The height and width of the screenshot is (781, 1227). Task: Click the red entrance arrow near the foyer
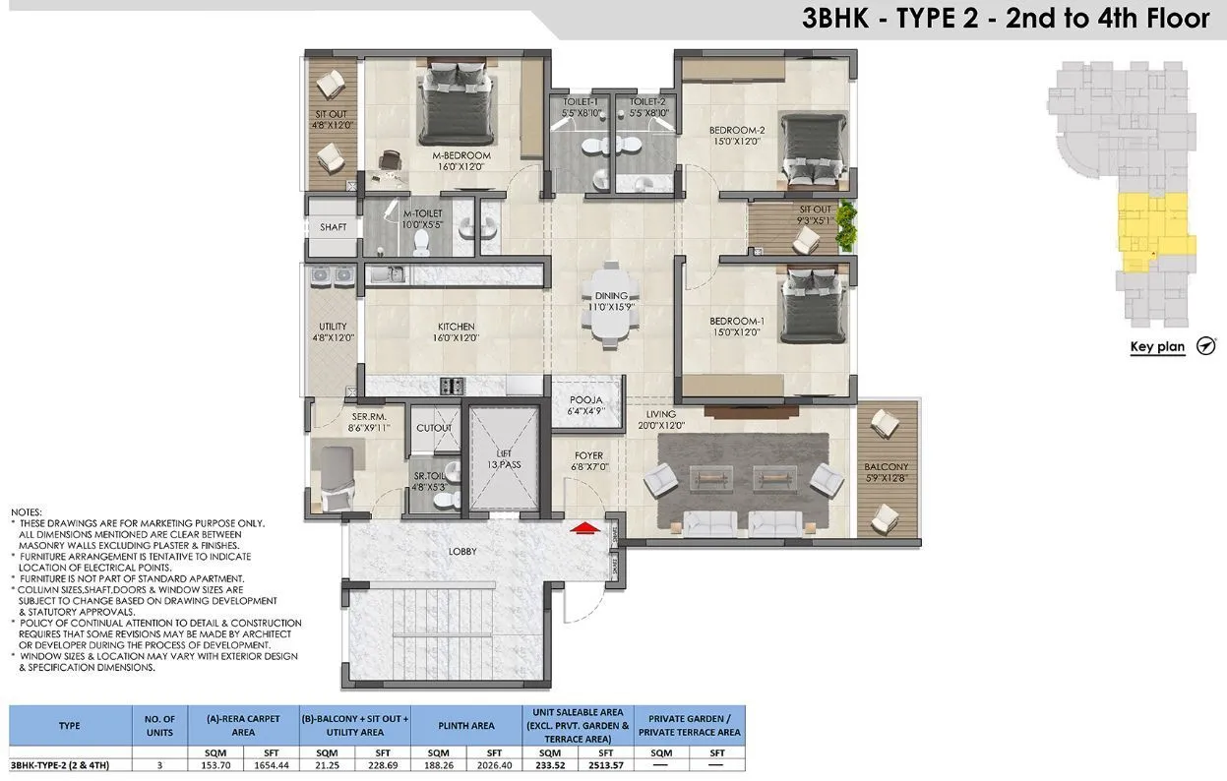586,528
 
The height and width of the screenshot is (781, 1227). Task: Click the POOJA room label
586,400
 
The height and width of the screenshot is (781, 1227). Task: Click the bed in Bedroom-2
813,150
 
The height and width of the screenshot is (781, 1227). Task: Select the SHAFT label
334,227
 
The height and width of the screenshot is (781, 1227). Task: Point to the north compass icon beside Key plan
1206,346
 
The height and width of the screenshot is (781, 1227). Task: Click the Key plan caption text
1157,347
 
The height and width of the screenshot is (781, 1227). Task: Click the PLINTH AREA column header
467,726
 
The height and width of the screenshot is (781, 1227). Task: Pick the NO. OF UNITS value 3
159,763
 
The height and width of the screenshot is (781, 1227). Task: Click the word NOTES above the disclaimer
27,512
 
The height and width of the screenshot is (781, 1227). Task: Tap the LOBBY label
462,552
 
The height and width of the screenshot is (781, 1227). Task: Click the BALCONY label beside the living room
887,466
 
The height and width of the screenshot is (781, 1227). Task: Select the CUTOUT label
434,428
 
